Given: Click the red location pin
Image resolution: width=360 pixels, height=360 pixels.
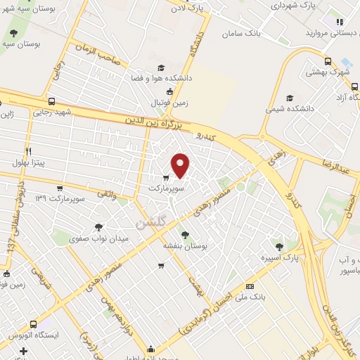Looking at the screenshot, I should coord(181,165).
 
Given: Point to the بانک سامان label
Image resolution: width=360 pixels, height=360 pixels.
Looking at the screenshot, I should coord(242,33).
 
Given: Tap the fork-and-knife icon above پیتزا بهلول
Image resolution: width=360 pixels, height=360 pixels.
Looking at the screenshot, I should coord(28,151).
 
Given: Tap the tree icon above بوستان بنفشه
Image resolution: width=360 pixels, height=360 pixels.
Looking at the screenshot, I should coord(185,235).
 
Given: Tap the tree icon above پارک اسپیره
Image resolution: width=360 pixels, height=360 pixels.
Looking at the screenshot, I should coord(281,247).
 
